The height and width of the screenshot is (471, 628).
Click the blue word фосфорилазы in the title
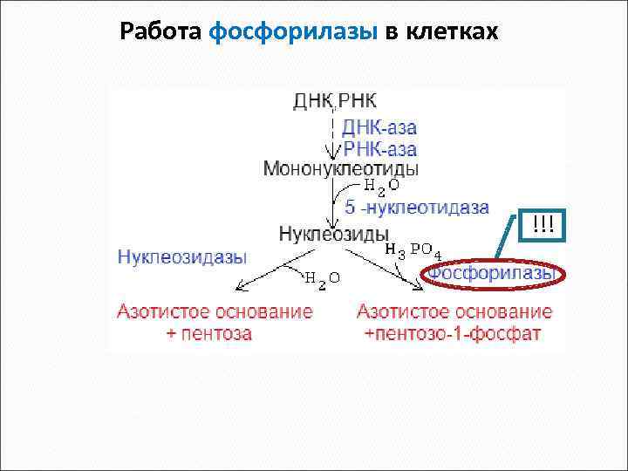click(x=294, y=32)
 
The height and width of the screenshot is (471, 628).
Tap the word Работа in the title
click(x=161, y=32)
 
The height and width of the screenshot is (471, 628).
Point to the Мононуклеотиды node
click(x=340, y=167)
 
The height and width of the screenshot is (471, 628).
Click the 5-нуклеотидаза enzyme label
click(x=416, y=208)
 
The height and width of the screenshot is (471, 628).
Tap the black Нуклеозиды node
click(x=333, y=235)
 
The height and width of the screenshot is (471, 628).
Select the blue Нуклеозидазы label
click(x=181, y=256)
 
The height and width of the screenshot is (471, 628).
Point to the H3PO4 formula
click(x=413, y=249)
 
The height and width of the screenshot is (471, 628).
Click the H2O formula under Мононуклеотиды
click(x=381, y=186)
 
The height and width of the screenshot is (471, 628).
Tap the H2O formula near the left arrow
click(x=321, y=277)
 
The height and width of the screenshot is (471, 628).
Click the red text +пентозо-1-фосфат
click(x=454, y=333)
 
